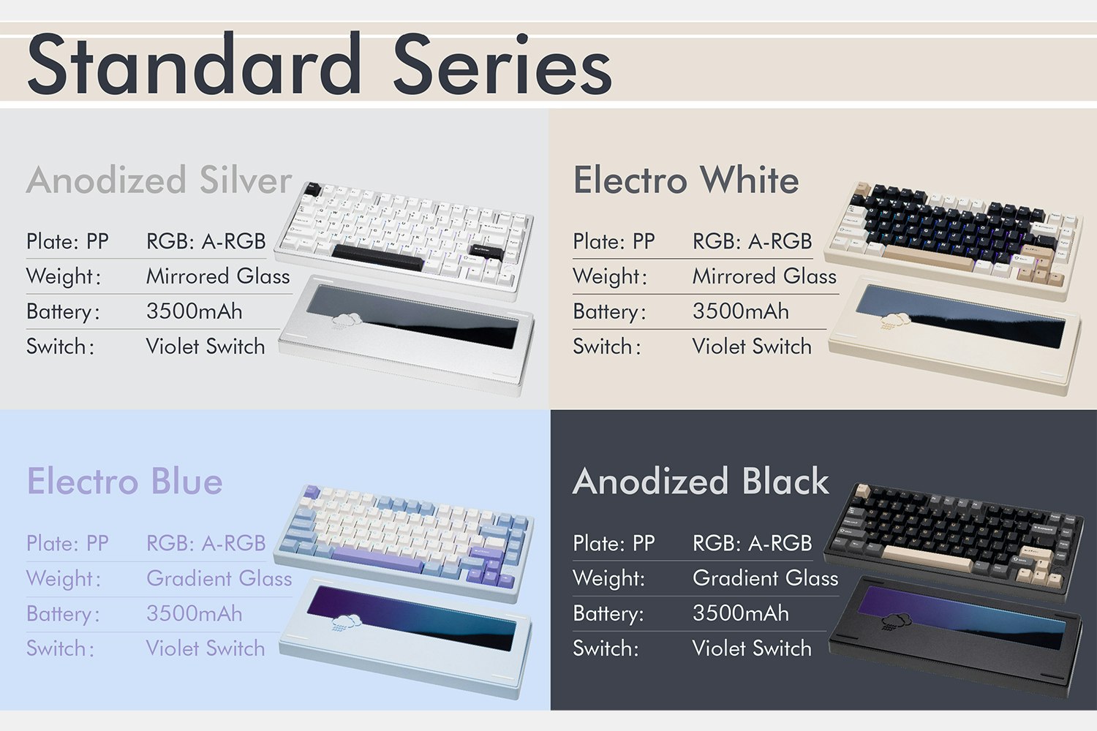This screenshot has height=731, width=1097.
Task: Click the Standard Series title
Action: pyautogui.click(x=320, y=64)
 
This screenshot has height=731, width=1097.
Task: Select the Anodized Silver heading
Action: pyautogui.click(x=159, y=180)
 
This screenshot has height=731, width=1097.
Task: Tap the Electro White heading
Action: pyautogui.click(x=686, y=180)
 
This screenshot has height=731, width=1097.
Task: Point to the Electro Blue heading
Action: pyautogui.click(x=124, y=481)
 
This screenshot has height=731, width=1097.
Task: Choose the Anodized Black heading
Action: pyautogui.click(x=701, y=481)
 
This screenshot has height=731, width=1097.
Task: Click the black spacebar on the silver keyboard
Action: pyautogui.click(x=377, y=257)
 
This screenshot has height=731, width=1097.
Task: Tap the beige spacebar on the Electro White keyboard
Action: pyautogui.click(x=929, y=257)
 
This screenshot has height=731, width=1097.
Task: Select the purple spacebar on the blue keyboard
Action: pyautogui.click(x=377, y=560)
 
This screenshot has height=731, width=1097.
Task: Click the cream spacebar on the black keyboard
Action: pyautogui.click(x=927, y=558)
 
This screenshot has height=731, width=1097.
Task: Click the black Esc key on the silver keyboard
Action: pyautogui.click(x=313, y=189)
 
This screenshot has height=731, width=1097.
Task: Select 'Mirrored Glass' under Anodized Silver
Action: pyautogui.click(x=218, y=276)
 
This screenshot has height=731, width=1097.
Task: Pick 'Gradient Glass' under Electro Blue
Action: pyautogui.click(x=219, y=578)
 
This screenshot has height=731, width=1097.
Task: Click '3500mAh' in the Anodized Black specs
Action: pyautogui.click(x=740, y=613)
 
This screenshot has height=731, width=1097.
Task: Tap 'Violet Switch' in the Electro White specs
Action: pyautogui.click(x=752, y=346)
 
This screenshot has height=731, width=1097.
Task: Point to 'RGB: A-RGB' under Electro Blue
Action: pyautogui.click(x=206, y=543)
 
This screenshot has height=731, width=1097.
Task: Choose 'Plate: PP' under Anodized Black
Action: pyautogui.click(x=614, y=543)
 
